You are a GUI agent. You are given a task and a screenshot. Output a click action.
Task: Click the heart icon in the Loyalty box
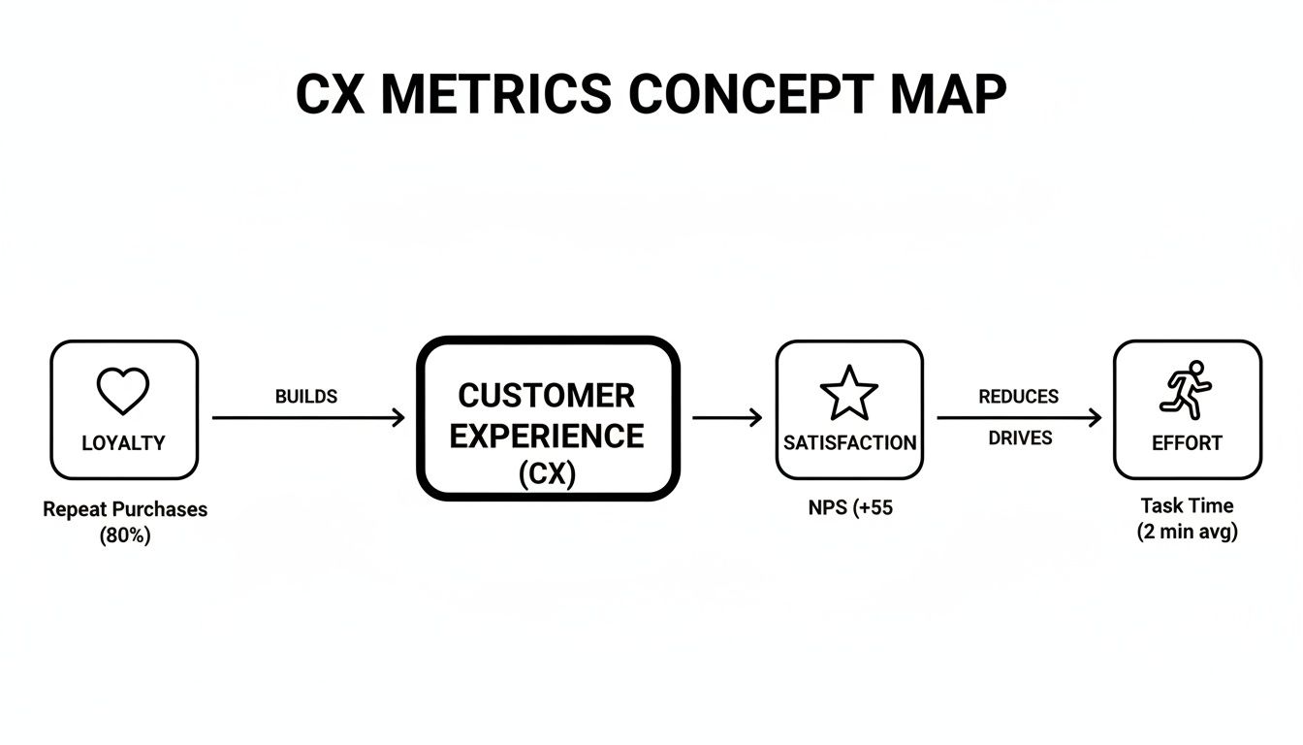[123, 391]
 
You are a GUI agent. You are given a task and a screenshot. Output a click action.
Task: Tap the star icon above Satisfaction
[849, 393]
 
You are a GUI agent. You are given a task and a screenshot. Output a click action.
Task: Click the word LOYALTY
[123, 443]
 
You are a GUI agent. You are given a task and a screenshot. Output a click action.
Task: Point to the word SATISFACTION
[849, 443]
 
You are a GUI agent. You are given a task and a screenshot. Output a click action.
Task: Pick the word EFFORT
[1187, 443]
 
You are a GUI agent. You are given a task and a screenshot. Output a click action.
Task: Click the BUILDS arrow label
[306, 397]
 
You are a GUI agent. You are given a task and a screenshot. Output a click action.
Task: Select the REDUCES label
[1018, 397]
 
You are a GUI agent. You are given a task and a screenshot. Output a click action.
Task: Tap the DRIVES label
[1020, 438]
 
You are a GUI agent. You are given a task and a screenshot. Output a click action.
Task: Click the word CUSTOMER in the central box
[547, 396]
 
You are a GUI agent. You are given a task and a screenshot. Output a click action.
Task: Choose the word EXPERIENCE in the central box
[547, 437]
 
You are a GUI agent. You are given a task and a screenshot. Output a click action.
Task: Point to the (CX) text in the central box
[547, 474]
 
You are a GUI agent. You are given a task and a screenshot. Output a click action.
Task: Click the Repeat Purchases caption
[125, 509]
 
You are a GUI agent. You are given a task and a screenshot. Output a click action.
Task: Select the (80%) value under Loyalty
[125, 535]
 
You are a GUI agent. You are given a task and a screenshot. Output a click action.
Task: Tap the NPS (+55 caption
[849, 507]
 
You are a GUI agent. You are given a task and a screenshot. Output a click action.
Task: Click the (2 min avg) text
[1187, 532]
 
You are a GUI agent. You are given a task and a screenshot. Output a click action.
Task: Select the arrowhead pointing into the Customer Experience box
[397, 418]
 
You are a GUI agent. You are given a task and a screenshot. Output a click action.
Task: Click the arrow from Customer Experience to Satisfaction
[727, 418]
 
